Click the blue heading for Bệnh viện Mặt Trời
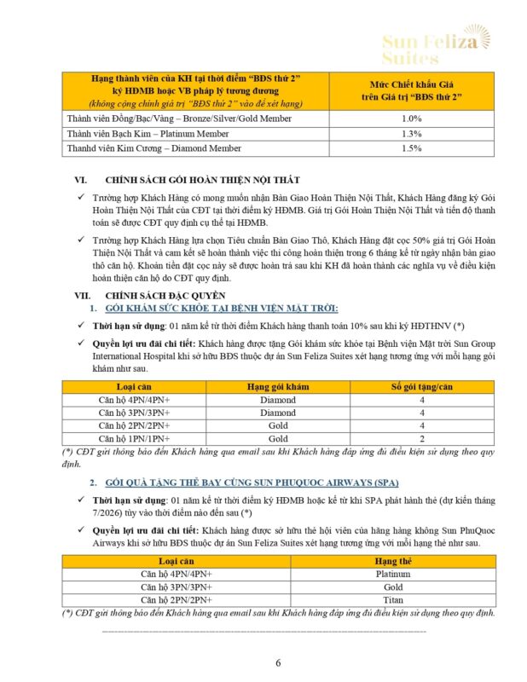(221, 307)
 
